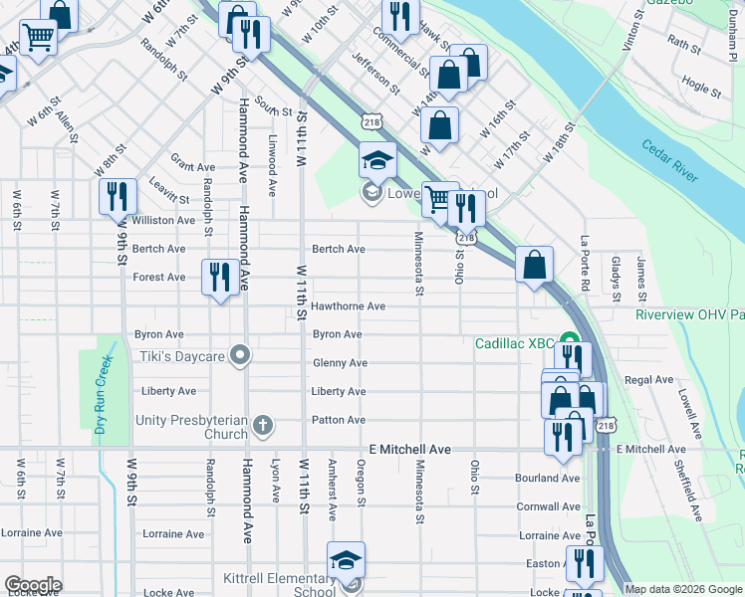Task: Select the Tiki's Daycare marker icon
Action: [x=239, y=354]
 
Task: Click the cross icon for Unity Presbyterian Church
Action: [x=263, y=427]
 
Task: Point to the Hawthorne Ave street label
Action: [x=348, y=306]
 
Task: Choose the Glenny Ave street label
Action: [x=340, y=363]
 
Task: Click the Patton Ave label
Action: [x=339, y=420]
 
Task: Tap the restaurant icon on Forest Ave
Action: [x=220, y=276]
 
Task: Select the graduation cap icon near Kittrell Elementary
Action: [x=346, y=559]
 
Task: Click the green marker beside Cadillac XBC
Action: [x=569, y=342]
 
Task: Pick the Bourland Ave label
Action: [x=547, y=478]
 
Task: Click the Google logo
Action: [x=33, y=585]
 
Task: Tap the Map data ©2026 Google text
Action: [x=682, y=589]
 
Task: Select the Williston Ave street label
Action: [x=163, y=220]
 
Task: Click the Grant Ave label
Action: [x=192, y=167]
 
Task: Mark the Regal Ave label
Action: [x=649, y=380]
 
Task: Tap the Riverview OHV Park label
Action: [x=689, y=314]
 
